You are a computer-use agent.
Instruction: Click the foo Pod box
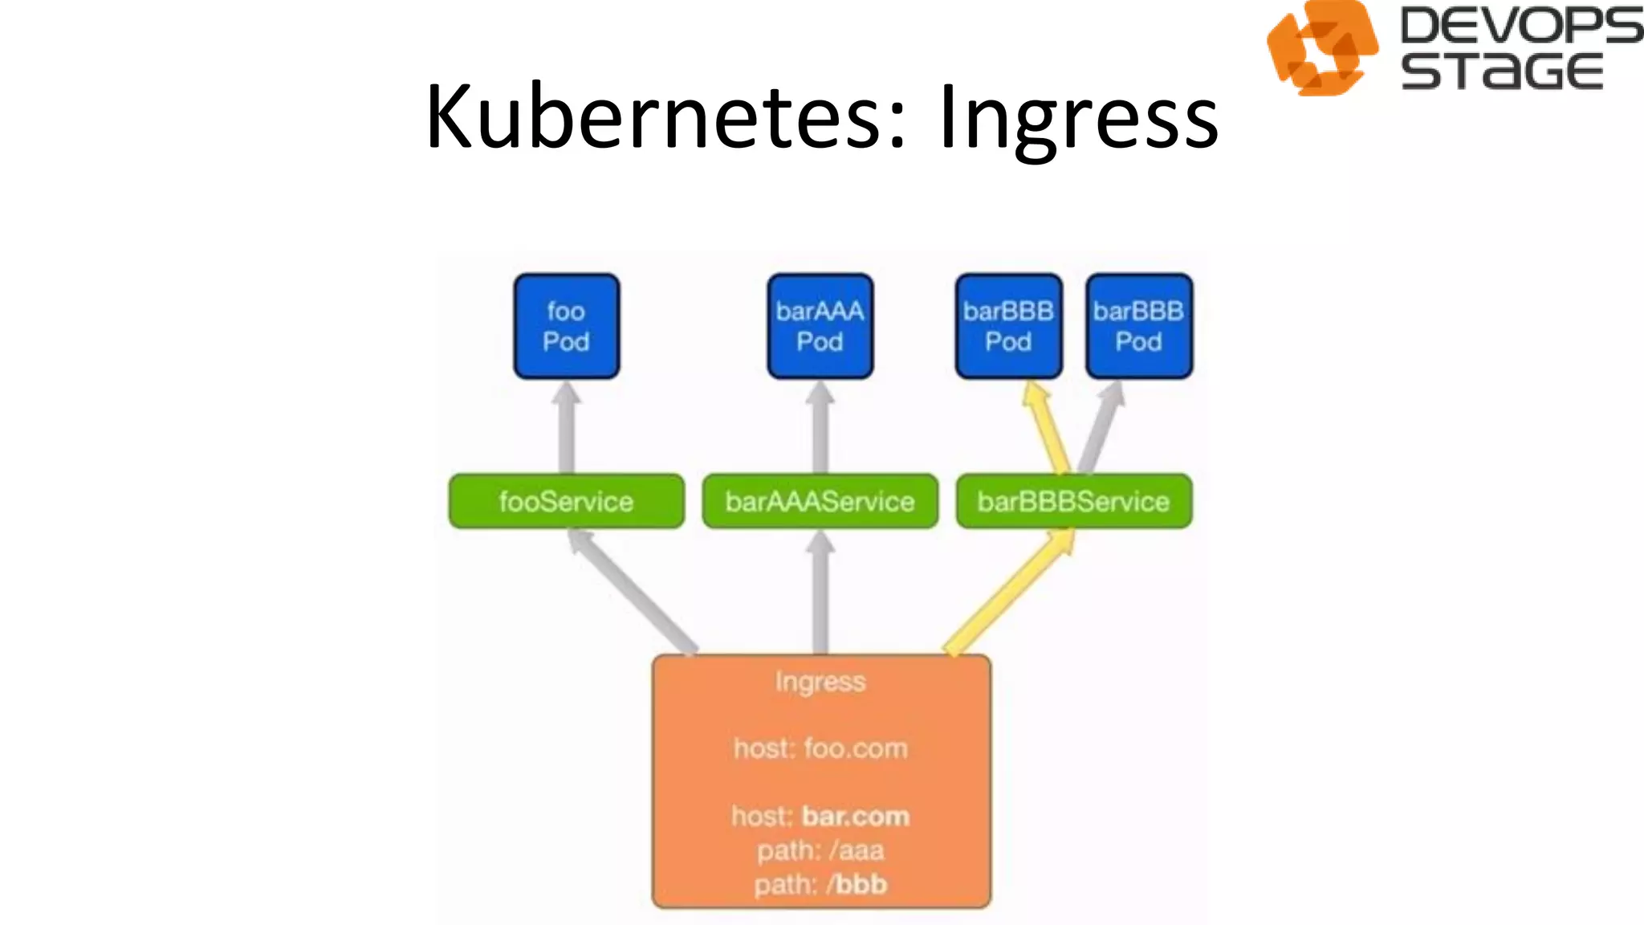tap(566, 326)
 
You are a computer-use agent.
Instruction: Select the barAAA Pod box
tap(820, 326)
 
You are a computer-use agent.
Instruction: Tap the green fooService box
tap(566, 501)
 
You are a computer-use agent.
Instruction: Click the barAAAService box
tap(820, 501)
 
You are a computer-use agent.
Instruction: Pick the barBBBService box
tap(1073, 501)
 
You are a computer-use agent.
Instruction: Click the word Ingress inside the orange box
tap(820, 682)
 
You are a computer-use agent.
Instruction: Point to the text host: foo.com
tap(820, 748)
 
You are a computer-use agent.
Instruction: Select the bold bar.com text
tap(856, 816)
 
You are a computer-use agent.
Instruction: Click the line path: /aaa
tap(820, 850)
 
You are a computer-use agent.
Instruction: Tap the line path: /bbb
tap(820, 884)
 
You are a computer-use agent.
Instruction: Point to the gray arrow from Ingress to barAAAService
tap(820, 594)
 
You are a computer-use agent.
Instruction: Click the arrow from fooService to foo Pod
tap(566, 430)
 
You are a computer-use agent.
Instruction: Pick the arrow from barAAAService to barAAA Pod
tap(820, 430)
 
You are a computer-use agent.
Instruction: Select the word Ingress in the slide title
tap(1077, 118)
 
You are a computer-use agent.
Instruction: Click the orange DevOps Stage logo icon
tap(1320, 48)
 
